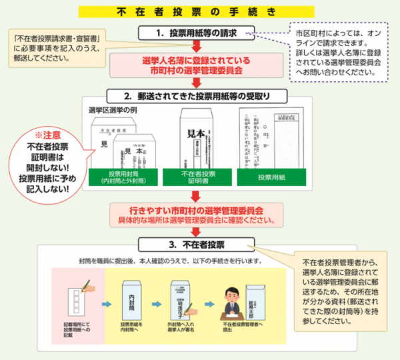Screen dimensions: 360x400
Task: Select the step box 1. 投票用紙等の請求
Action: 196,33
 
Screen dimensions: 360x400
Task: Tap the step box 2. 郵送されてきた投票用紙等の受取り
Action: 196,95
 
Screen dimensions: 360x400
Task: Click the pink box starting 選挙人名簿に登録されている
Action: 196,64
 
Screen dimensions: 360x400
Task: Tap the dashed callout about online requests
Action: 339,51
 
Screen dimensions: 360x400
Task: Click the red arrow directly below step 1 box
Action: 196,46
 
